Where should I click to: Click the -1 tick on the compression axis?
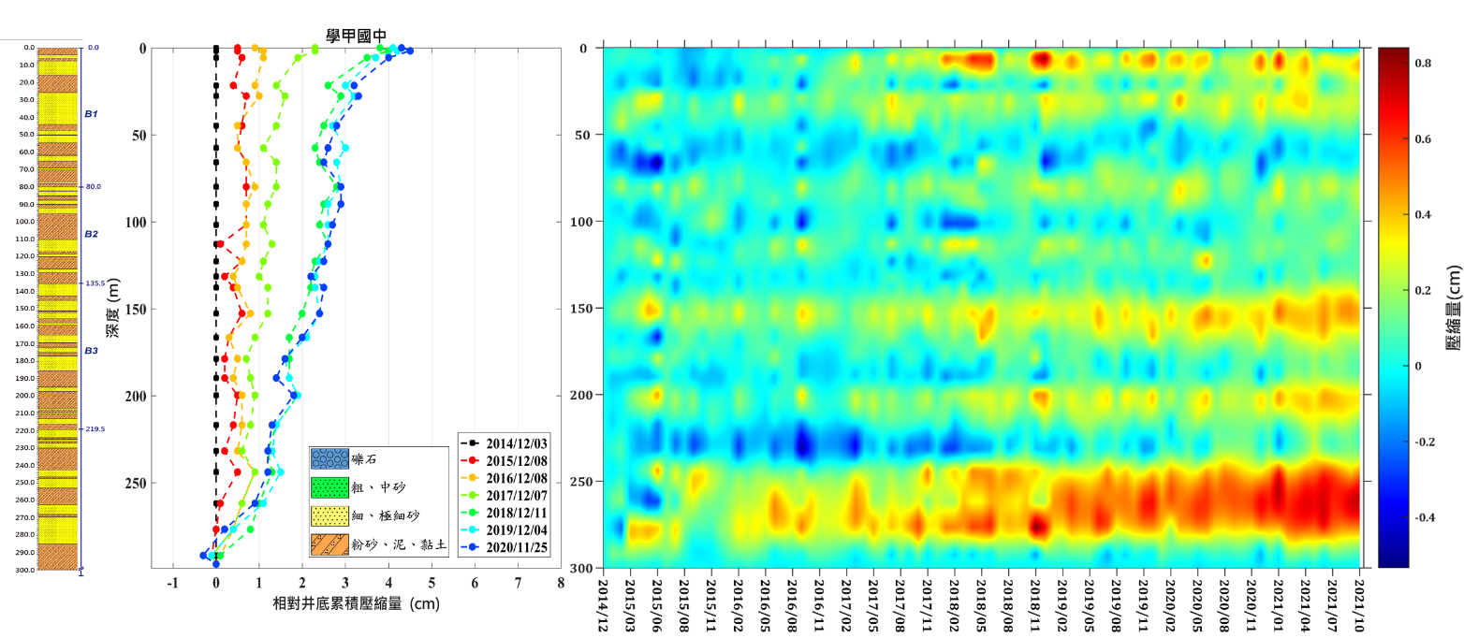point(172,585)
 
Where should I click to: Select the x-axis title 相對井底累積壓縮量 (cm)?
point(355,604)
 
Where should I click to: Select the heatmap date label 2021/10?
point(1359,602)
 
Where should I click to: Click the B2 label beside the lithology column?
point(91,234)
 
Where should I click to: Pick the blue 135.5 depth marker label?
point(94,283)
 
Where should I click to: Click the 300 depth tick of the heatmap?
point(578,568)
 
